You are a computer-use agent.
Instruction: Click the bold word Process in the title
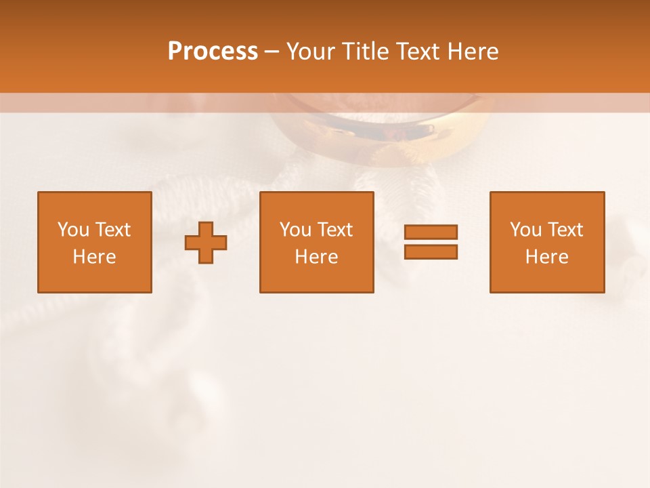coord(213,52)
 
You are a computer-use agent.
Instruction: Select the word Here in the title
coord(473,52)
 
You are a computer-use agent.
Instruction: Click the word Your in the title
coord(311,52)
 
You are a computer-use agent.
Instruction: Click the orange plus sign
coord(206,243)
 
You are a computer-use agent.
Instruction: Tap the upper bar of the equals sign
coord(431,232)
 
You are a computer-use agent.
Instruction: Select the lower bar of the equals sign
coord(431,251)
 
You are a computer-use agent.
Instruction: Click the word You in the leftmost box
coord(73,230)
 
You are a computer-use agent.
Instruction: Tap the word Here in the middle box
coord(317,257)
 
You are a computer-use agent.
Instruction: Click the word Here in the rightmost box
coord(547,257)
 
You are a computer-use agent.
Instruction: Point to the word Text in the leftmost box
coord(112,230)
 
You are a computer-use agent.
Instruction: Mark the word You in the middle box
coord(295,230)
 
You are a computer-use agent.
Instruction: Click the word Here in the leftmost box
coord(95,257)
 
